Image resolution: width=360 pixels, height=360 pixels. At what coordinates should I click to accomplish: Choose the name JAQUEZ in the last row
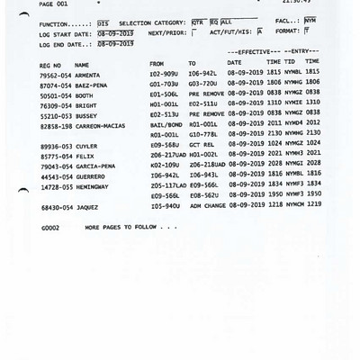pyautogui.click(x=85, y=208)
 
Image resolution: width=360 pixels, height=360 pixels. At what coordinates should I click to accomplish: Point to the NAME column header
pyautogui.click(x=82, y=65)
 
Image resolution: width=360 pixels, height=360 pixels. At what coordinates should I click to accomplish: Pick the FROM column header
pyautogui.click(x=157, y=65)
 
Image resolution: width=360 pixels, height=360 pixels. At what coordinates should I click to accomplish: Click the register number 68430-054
pyautogui.click(x=57, y=208)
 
